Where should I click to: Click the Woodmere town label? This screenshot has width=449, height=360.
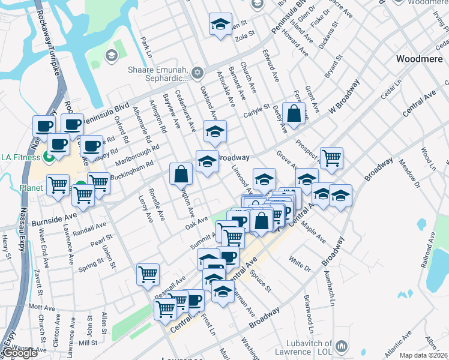[x=420, y=59]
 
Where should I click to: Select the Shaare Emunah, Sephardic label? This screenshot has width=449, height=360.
[x=158, y=74]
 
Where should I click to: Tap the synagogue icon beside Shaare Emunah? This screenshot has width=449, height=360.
[x=198, y=74]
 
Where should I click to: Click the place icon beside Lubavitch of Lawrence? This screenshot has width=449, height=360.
[x=342, y=346]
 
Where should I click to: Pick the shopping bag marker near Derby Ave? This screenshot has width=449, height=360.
[x=294, y=113]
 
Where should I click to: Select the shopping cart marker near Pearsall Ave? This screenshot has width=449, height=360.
[x=148, y=274]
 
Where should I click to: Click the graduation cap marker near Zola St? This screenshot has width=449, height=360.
[x=220, y=25]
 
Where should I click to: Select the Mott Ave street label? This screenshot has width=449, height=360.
[x=41, y=307]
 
